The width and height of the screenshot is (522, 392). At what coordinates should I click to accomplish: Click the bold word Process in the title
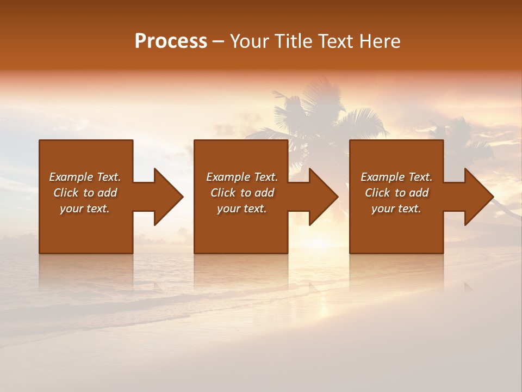pos(171,41)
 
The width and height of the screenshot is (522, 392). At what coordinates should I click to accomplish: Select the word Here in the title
pos(381,41)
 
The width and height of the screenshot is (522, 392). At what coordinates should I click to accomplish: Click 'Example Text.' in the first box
pos(85,177)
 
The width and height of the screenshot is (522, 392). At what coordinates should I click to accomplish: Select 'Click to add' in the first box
pos(85,193)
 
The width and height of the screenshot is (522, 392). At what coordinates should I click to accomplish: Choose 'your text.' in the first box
pos(85,209)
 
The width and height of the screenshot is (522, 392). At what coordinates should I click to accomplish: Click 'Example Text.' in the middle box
pos(242,177)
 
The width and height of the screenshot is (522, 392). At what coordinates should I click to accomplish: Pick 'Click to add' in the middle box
pos(242,193)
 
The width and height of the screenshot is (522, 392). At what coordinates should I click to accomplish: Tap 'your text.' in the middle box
pos(242,209)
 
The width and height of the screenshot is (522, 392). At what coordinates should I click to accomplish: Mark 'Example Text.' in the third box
pos(396,177)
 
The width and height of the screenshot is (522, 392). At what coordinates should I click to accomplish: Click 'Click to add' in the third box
pos(396,193)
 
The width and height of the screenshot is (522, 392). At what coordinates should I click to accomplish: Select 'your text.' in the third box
pos(396,209)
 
